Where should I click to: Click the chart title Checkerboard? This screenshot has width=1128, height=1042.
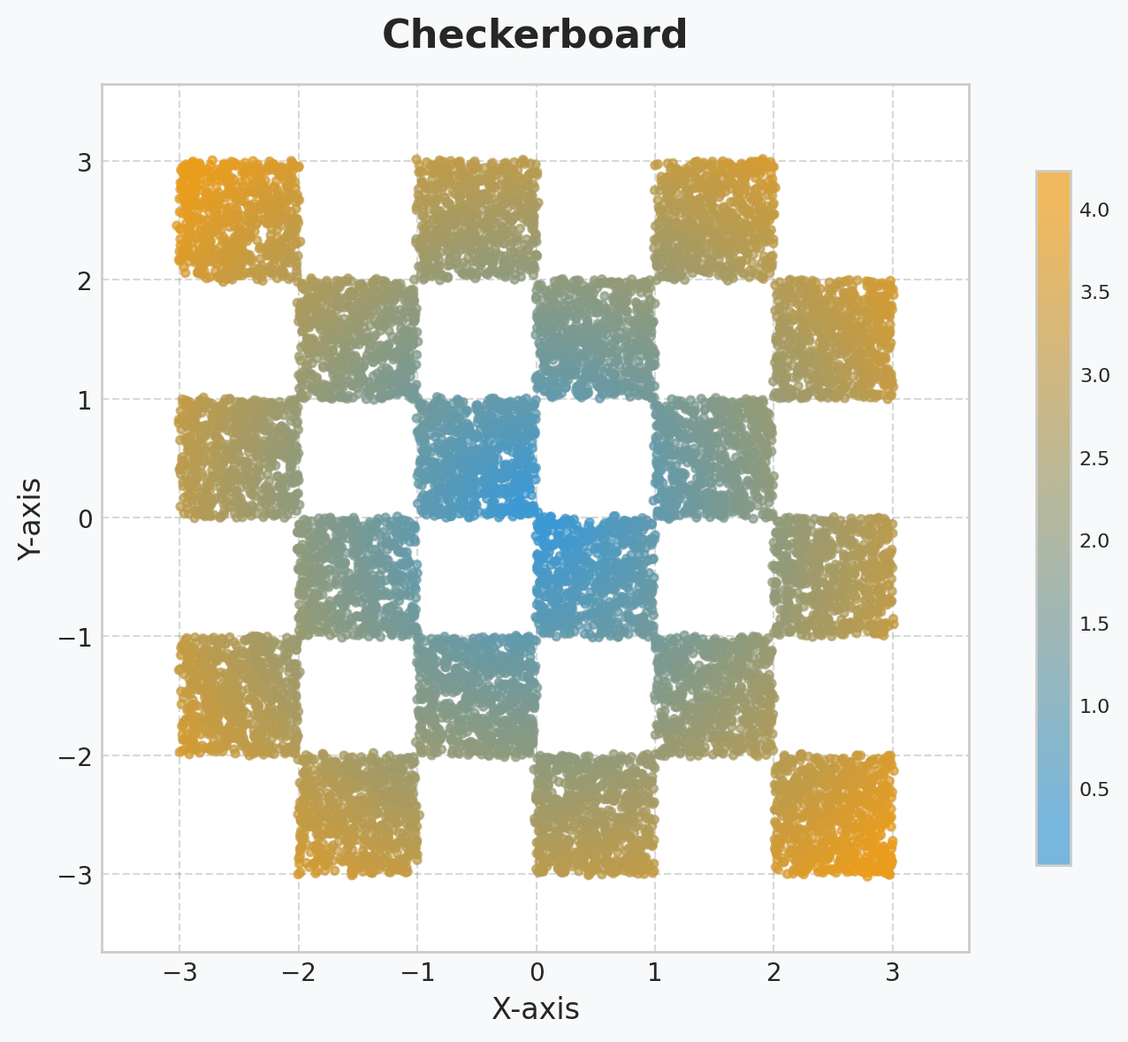coord(535,35)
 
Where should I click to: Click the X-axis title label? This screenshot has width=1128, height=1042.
coord(535,1008)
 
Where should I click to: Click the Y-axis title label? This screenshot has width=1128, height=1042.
coord(31,517)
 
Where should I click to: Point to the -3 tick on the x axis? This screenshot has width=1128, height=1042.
coord(179,973)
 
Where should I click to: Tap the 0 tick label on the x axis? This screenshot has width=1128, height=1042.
coord(536,973)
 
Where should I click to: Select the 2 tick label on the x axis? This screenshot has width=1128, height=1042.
coord(774,973)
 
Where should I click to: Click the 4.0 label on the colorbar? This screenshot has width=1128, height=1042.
coord(1094,211)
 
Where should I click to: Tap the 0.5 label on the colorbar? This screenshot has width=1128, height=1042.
coord(1094,789)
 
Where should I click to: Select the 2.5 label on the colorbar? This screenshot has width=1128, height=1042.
coord(1094,458)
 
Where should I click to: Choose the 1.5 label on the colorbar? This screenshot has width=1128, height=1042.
coord(1094,624)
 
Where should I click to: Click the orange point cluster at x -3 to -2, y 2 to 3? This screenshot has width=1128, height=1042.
coord(239,221)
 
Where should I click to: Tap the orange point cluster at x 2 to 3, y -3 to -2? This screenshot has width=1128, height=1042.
coord(833,815)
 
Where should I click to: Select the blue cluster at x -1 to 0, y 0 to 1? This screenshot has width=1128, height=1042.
coord(476,458)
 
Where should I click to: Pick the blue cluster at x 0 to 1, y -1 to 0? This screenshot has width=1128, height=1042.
coord(595,577)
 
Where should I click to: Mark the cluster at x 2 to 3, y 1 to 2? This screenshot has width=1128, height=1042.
coord(833,340)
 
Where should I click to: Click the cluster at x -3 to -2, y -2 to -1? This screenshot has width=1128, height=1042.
coord(239,696)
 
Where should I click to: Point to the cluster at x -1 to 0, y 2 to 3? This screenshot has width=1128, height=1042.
coord(476,221)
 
